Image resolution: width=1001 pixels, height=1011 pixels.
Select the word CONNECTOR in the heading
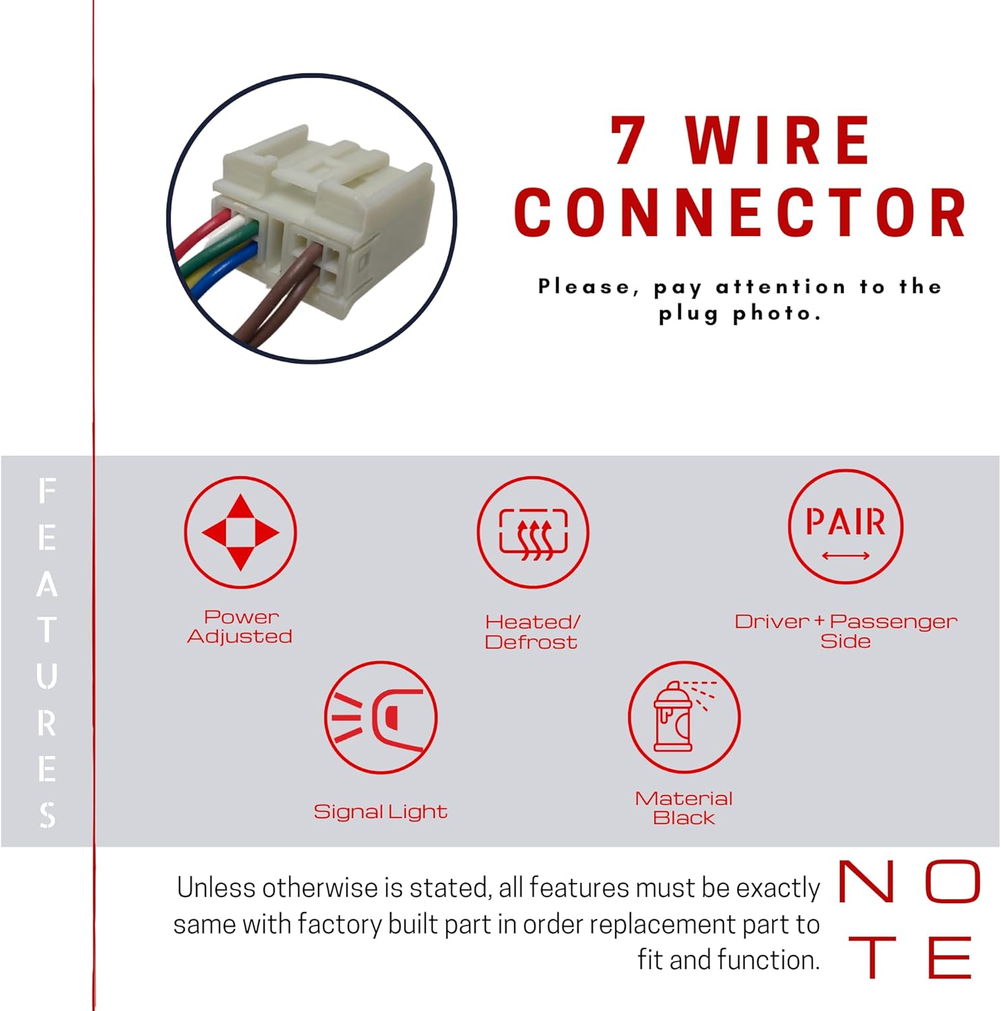pyautogui.click(x=740, y=212)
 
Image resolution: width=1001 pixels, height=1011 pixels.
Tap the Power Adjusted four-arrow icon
pyautogui.click(x=240, y=532)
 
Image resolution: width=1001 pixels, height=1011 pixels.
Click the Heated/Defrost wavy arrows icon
pyautogui.click(x=533, y=532)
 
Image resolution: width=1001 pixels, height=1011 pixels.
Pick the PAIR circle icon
pyautogui.click(x=845, y=526)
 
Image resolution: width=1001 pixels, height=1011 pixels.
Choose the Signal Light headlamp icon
pyautogui.click(x=381, y=717)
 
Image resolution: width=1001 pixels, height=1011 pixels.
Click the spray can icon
pyautogui.click(x=684, y=717)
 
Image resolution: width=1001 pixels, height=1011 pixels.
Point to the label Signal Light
pyautogui.click(x=381, y=811)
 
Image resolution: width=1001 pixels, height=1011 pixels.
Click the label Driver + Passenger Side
pyautogui.click(x=845, y=630)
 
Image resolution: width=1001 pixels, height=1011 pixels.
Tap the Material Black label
pyautogui.click(x=684, y=807)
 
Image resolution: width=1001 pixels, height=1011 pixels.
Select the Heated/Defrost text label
pyautogui.click(x=531, y=632)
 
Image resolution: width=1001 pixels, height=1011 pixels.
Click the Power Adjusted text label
pyautogui.click(x=240, y=626)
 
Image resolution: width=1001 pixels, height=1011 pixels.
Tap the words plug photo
pyautogui.click(x=739, y=314)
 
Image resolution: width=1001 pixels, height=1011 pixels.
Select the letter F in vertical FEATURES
pyautogui.click(x=46, y=491)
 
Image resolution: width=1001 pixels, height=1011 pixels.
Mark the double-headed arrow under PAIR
pyautogui.click(x=845, y=556)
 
